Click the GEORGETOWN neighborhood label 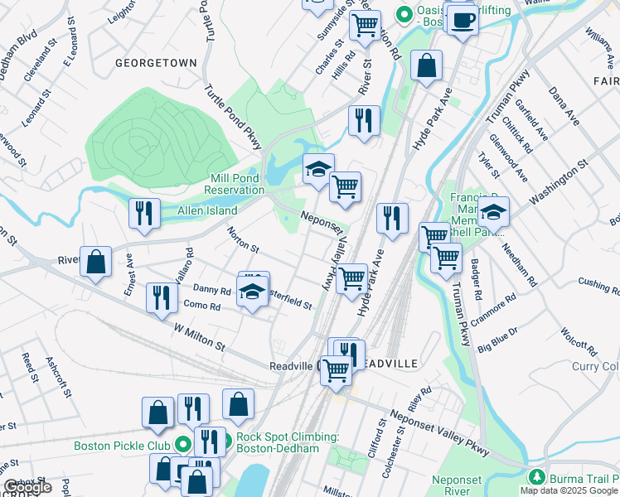point(156,63)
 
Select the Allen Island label point(207,211)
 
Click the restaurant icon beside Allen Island point(144,214)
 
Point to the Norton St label point(244,240)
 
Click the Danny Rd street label point(211,289)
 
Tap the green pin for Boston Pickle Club point(182,445)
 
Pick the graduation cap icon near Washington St point(493,212)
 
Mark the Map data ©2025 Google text point(569,490)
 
